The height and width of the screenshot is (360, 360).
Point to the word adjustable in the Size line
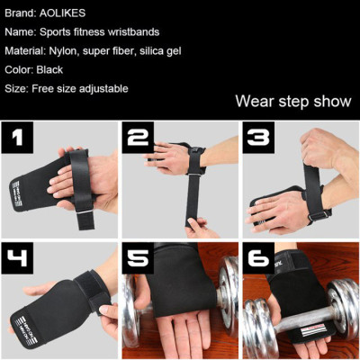[x=103, y=88]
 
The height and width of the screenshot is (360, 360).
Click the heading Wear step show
[x=292, y=101]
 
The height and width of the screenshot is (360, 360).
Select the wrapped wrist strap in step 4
[x=90, y=288]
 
